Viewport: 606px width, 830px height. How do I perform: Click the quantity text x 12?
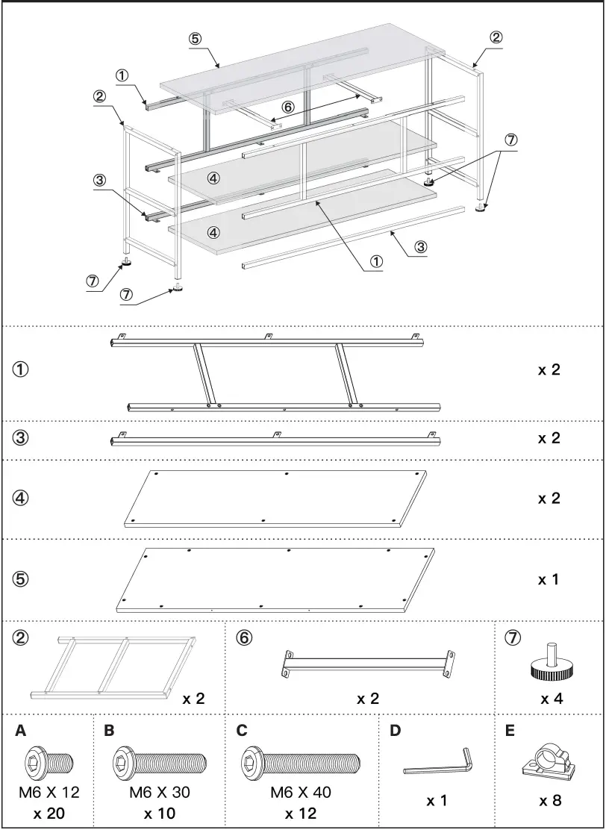click(300, 814)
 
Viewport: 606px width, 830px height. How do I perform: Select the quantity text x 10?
click(159, 814)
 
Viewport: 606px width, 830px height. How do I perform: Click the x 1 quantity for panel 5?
click(549, 578)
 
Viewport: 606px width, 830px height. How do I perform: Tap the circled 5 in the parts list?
click(21, 578)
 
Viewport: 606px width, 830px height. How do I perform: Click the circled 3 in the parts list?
click(21, 438)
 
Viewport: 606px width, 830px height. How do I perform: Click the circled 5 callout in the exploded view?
click(195, 39)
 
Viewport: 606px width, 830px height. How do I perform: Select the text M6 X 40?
click(300, 793)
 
